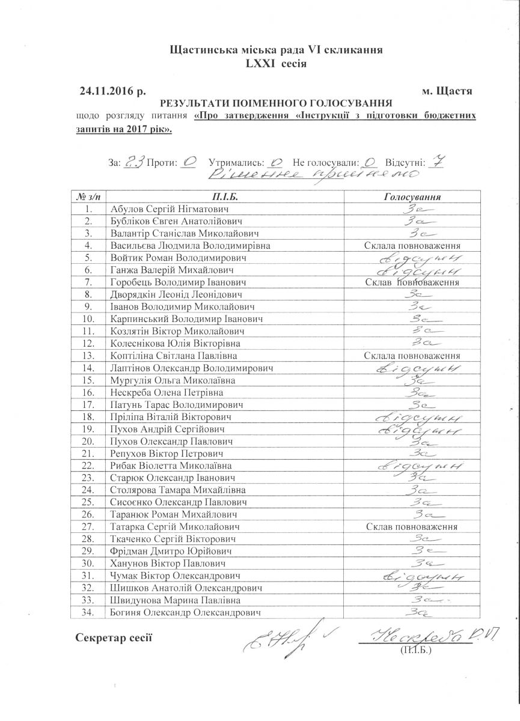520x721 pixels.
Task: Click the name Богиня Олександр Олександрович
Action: tap(186, 612)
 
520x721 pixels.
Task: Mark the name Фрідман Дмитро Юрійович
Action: tap(170, 551)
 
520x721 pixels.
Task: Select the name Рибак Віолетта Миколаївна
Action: tap(171, 466)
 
